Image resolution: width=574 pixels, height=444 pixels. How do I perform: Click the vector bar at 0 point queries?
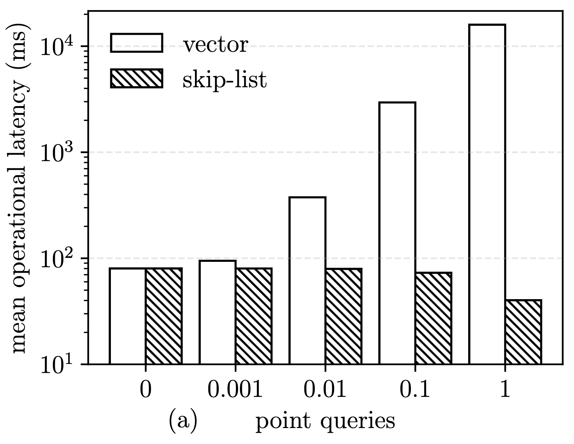(x=128, y=316)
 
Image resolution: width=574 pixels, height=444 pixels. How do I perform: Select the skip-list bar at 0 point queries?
(x=163, y=316)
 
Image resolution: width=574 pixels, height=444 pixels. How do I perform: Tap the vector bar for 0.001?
(x=217, y=312)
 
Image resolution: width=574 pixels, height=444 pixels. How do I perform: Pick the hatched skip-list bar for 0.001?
(x=253, y=316)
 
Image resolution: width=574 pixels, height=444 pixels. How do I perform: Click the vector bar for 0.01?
(x=307, y=280)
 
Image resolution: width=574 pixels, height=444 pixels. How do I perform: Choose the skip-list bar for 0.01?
(x=343, y=316)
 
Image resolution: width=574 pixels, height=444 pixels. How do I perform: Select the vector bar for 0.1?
(x=397, y=233)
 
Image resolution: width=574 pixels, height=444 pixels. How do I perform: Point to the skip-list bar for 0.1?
(x=433, y=318)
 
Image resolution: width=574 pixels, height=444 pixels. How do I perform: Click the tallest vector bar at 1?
(x=487, y=194)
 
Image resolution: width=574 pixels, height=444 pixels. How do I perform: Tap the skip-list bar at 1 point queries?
(x=523, y=332)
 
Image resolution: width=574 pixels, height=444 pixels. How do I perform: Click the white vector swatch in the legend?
(x=137, y=43)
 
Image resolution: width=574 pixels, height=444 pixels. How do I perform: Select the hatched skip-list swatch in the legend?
(x=137, y=79)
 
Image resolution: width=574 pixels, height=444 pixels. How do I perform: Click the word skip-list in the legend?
(x=225, y=79)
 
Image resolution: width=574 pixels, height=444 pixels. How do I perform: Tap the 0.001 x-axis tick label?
(x=235, y=390)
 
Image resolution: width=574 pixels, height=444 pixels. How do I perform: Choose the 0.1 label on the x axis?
(x=415, y=390)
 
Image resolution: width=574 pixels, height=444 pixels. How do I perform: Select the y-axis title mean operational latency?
(x=19, y=188)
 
